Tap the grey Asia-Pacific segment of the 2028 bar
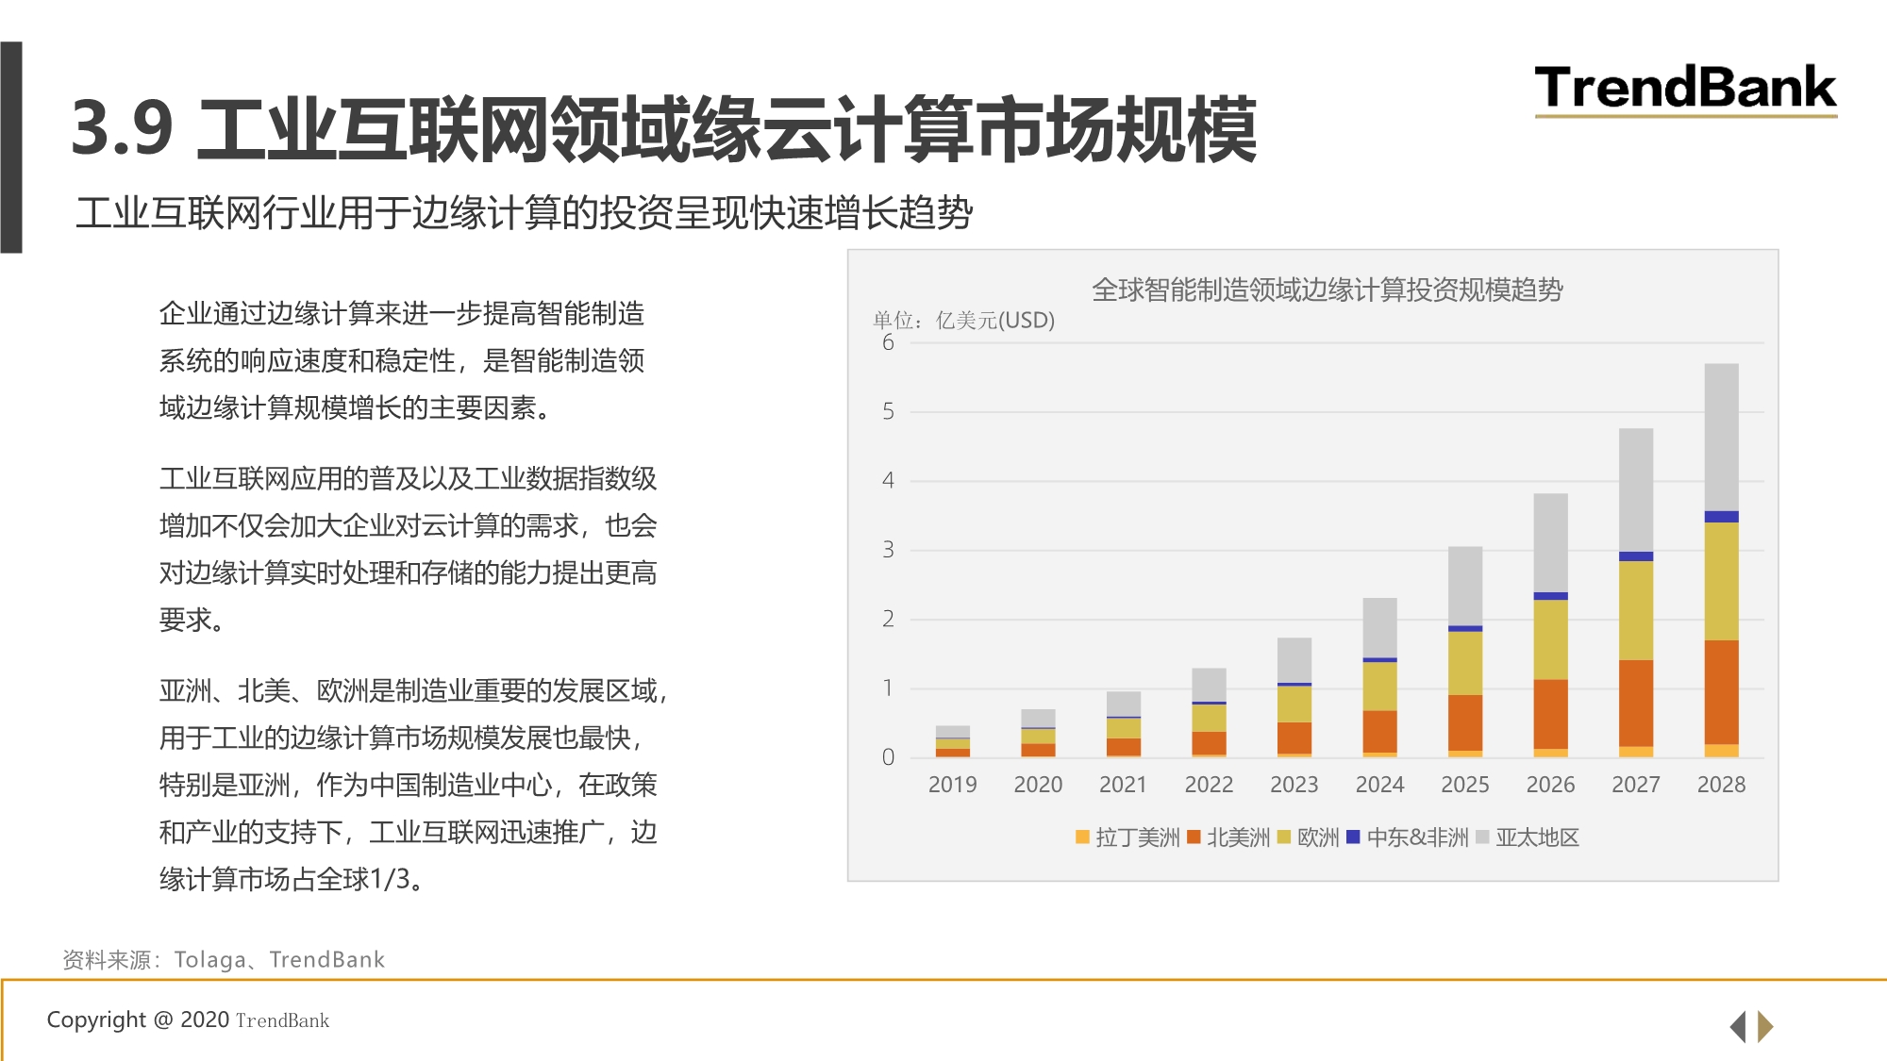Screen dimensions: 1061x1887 (1721, 437)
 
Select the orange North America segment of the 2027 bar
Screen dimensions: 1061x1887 (1635, 703)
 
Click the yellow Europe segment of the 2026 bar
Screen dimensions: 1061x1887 (1550, 639)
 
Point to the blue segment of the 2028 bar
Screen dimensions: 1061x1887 (1721, 517)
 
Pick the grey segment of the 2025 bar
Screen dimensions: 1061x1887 (1464, 586)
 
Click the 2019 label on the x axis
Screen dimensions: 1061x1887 (952, 785)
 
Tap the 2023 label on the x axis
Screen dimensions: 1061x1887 (1294, 785)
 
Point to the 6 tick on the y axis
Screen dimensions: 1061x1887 (888, 342)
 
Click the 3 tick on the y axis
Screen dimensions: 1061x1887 (888, 550)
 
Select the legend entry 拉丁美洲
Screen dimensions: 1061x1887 (1127, 837)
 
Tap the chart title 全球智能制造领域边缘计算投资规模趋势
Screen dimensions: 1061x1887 (1327, 290)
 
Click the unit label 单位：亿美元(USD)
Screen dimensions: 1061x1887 (963, 321)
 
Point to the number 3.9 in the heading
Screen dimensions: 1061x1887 (123, 128)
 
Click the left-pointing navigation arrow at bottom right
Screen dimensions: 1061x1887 (1737, 1026)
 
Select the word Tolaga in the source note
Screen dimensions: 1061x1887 (209, 960)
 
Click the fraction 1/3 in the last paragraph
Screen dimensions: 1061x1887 (390, 879)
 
